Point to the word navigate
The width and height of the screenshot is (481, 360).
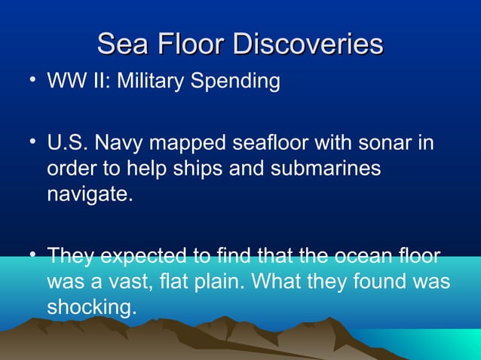point(90,195)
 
